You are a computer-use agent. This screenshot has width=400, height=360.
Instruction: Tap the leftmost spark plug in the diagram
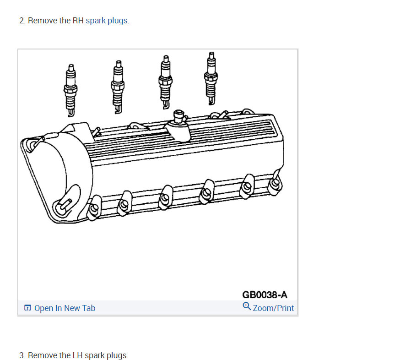[70, 90]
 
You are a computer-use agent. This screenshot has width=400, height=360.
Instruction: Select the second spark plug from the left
[118, 87]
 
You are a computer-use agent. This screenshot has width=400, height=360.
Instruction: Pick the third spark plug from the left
[165, 82]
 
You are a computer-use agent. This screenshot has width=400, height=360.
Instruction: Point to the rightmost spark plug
[211, 78]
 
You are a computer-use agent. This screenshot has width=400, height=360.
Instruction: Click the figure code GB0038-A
[265, 295]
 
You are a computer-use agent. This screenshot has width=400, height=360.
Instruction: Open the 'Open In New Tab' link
[65, 308]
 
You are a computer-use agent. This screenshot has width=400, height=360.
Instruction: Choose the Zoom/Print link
[273, 308]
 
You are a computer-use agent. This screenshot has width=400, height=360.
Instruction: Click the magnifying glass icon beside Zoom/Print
[247, 306]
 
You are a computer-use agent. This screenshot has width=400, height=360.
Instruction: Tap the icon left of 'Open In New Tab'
[27, 308]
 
